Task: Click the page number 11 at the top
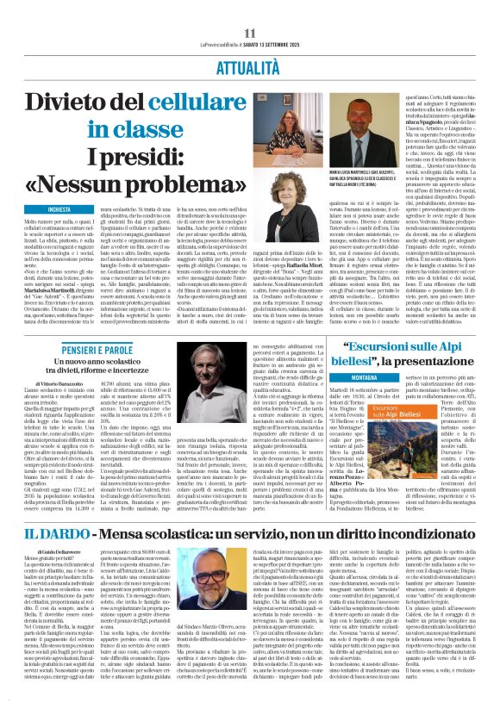coord(251,9)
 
